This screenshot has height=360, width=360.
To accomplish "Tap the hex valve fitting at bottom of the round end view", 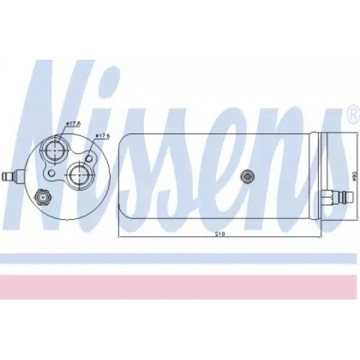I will [43, 195].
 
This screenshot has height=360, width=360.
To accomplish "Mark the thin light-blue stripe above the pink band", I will [180, 258].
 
